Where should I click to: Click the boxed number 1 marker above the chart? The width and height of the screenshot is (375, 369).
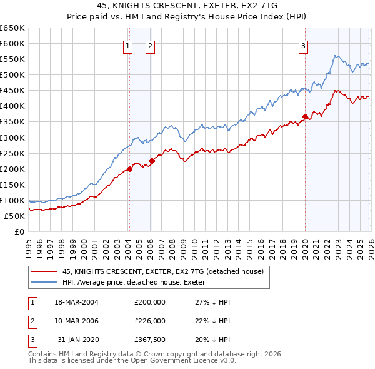click(128, 45)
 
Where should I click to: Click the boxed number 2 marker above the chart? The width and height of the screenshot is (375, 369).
click(151, 45)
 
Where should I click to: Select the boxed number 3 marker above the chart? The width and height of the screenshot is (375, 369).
click(303, 45)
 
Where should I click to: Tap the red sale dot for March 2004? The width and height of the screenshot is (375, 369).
click(129, 169)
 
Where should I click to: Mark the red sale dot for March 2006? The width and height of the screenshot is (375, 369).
click(151, 161)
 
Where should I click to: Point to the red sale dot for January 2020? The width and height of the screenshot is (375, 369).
click(305, 116)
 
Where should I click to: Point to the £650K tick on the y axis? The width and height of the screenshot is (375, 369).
click(12, 28)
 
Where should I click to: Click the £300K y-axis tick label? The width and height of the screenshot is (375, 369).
click(12, 138)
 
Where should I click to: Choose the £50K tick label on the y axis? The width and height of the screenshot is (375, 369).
click(14, 216)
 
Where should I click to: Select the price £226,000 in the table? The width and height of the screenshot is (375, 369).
click(150, 320)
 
